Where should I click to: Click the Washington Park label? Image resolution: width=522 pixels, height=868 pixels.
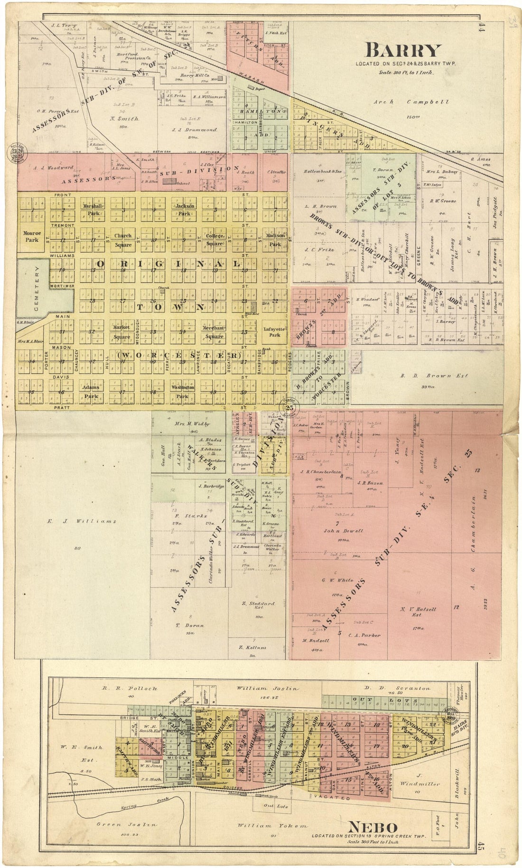pyautogui.click(x=183, y=391)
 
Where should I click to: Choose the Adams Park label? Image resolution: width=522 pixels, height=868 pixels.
pyautogui.click(x=91, y=391)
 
